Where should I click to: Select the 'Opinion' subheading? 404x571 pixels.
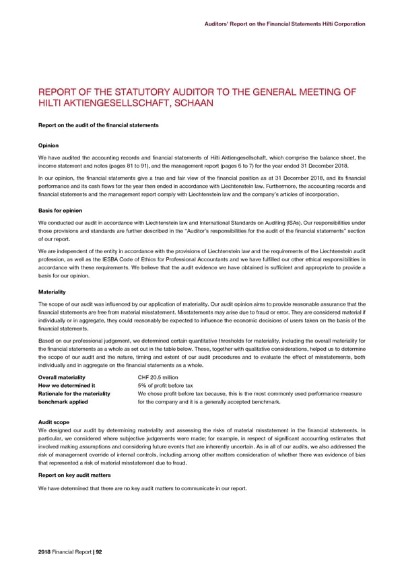[48, 145]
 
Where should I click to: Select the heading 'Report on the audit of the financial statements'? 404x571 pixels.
[99, 125]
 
